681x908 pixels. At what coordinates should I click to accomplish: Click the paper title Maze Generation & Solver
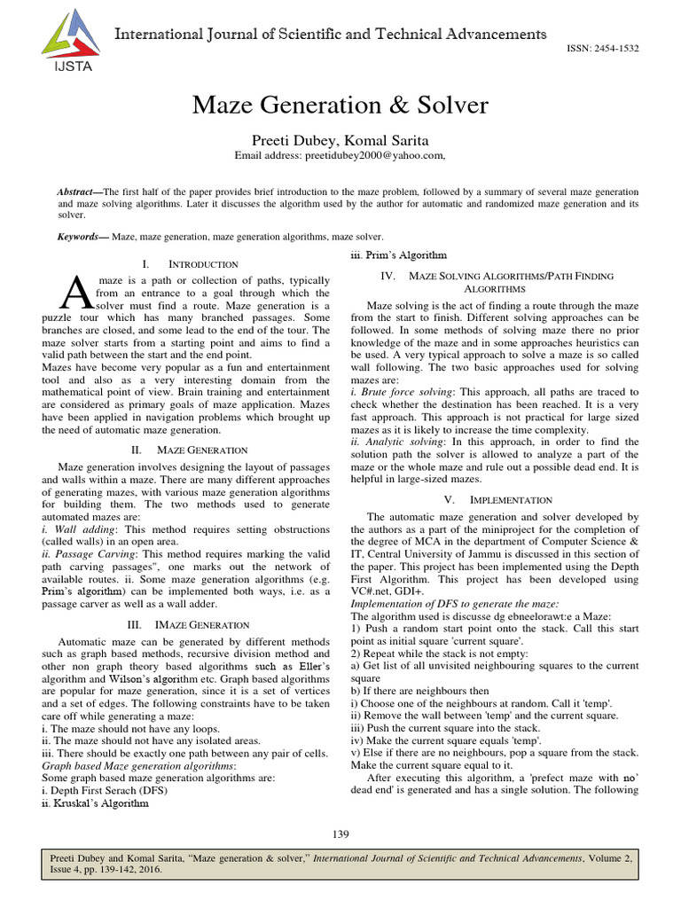340,106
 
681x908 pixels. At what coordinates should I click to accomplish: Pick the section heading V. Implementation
498,500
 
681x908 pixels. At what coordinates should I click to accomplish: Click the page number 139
340,834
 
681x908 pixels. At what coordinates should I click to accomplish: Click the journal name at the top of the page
327,35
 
